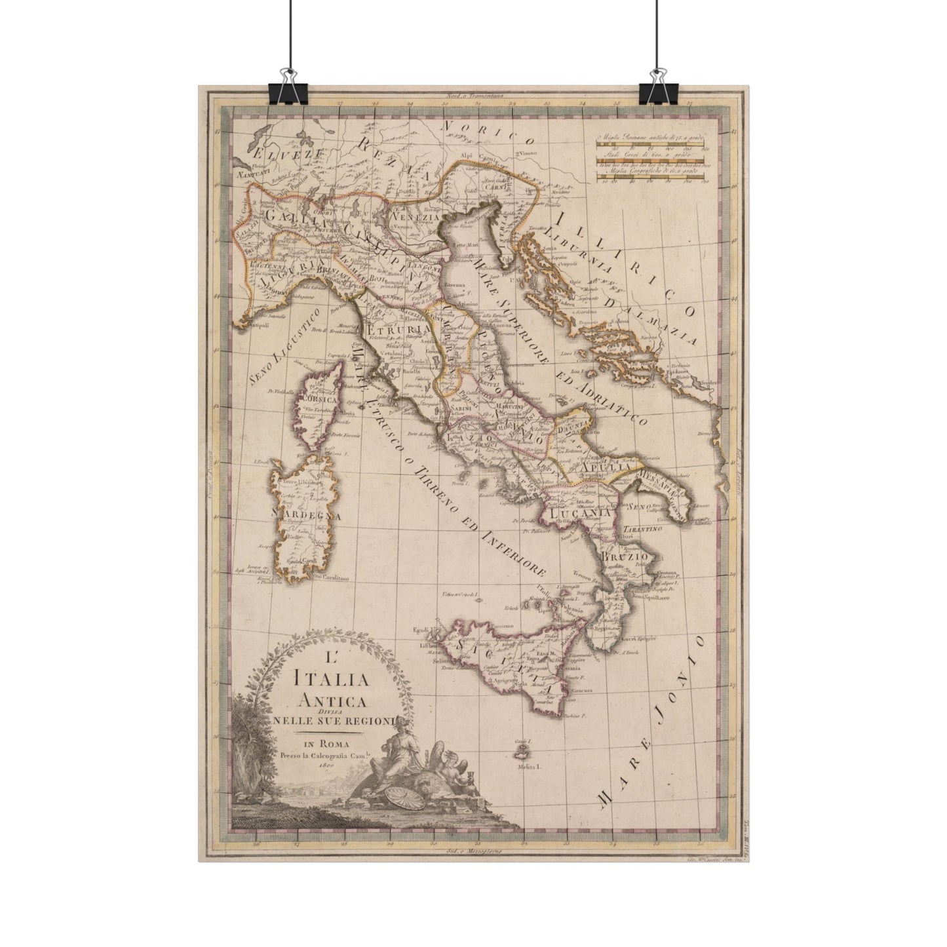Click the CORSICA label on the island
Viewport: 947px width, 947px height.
(x=318, y=398)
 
